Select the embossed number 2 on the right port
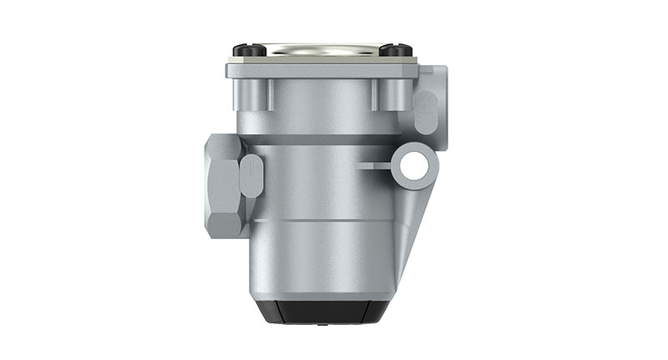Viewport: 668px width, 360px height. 425,112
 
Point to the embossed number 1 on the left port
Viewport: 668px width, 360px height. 250,175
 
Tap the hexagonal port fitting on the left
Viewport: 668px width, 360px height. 225,185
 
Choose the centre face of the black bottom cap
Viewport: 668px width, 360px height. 321,312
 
